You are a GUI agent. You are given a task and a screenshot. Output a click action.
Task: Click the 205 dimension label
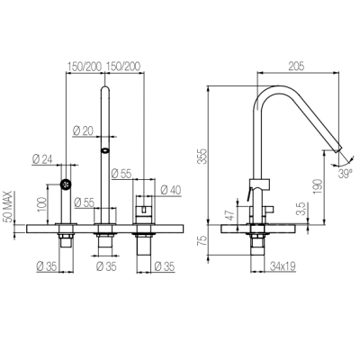click(296, 66)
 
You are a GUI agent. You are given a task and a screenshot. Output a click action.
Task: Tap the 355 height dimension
click(203, 156)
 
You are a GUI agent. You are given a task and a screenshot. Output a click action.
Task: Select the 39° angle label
click(346, 174)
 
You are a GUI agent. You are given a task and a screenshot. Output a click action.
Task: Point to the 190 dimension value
click(318, 186)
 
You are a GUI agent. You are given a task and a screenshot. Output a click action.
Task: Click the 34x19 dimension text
click(283, 265)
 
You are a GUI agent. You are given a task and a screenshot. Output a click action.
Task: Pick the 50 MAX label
click(8, 207)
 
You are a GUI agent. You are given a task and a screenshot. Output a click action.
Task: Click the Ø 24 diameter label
click(42, 159)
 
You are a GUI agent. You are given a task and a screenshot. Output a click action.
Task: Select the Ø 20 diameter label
click(83, 130)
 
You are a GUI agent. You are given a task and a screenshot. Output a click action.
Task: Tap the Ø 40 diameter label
click(171, 190)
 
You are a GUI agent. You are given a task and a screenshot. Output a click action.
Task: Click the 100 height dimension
click(41, 204)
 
